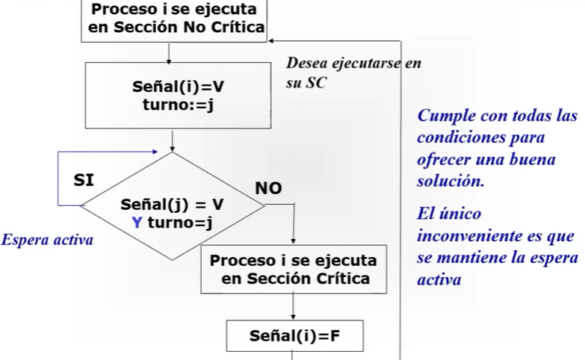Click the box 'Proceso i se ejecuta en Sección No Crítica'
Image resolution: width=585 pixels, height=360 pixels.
tap(174, 20)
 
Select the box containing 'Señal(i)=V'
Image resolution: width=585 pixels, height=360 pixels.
tap(178, 96)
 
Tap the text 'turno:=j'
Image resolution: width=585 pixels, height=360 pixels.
tap(178, 105)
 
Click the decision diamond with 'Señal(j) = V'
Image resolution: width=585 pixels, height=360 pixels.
tap(173, 205)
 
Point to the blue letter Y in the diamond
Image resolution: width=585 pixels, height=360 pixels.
tap(137, 223)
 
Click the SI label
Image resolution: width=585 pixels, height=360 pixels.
tap(84, 180)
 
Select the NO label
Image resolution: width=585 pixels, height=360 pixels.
tap(268, 188)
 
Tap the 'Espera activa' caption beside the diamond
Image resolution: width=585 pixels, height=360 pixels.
tap(47, 240)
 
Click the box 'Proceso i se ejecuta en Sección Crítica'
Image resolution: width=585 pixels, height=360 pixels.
tap(294, 270)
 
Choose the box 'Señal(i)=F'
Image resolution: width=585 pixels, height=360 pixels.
tap(294, 336)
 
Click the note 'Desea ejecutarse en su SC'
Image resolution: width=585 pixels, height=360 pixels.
tap(353, 72)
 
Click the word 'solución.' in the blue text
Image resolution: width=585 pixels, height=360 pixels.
tap(451, 181)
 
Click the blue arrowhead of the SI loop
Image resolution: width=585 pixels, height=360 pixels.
tap(155, 152)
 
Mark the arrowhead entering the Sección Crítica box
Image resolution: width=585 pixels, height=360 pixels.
tap(293, 242)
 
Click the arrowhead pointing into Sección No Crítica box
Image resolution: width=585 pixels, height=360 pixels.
tap(270, 40)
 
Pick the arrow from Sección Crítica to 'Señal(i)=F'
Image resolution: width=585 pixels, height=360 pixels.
tap(293, 307)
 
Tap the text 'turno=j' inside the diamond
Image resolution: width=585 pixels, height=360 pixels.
tap(180, 223)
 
